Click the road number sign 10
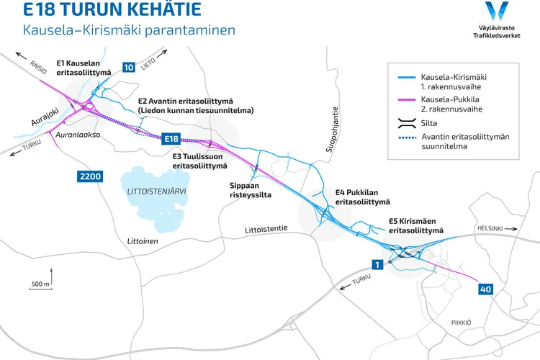129,68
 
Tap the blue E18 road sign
171,138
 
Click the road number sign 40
485,289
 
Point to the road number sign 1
376,264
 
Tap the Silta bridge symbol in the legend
408,122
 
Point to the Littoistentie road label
266,229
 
